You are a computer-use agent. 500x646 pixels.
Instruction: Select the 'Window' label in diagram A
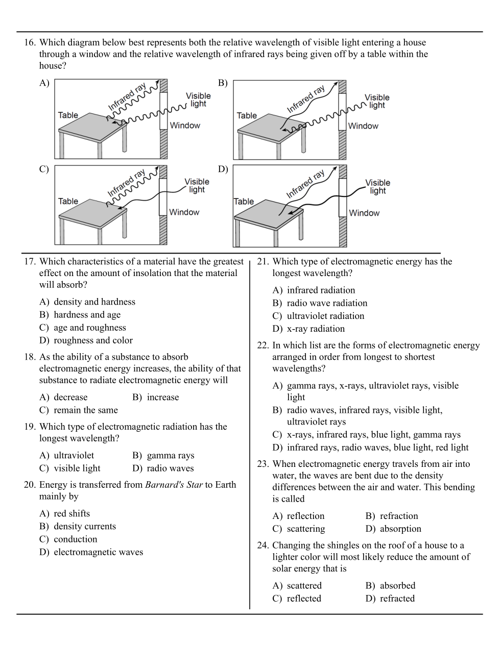click(185, 126)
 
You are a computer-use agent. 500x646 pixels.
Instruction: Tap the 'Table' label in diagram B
click(247, 116)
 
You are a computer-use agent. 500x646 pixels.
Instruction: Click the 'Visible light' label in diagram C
click(197, 185)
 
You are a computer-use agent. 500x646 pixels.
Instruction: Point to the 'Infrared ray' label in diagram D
click(305, 185)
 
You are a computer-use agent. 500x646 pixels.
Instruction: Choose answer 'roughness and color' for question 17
click(93, 340)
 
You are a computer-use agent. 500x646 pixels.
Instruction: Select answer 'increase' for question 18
click(162, 397)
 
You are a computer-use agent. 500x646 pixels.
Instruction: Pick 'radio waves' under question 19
click(170, 468)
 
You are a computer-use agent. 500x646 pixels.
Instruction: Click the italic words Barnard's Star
click(174, 485)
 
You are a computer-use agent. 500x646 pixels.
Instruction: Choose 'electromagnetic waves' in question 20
click(98, 552)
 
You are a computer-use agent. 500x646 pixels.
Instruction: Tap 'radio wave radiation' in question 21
click(327, 303)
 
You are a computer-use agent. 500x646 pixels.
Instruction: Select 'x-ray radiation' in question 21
click(316, 329)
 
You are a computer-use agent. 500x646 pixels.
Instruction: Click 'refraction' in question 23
click(398, 516)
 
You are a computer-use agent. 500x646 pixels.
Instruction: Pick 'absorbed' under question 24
click(397, 586)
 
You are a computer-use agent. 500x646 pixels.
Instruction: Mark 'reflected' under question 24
click(304, 599)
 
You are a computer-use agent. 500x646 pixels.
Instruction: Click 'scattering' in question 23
click(305, 529)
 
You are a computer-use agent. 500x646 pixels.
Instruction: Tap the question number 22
click(263, 345)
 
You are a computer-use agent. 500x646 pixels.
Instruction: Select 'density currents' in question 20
click(85, 527)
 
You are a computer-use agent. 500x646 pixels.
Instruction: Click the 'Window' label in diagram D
click(364, 213)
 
